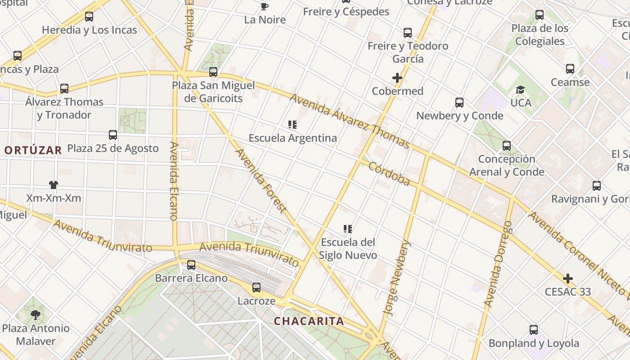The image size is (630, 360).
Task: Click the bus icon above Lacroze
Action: click(256, 287)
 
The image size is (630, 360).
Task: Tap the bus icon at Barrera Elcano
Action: click(191, 265)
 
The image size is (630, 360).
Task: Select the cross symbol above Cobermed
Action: click(397, 78)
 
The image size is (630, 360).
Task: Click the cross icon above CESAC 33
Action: click(568, 279)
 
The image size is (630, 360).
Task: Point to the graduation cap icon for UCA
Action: click(521, 90)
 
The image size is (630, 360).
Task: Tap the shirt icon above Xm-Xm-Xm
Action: click(54, 184)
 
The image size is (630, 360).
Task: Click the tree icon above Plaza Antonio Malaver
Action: click(36, 315)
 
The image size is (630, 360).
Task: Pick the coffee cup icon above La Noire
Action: click(265, 6)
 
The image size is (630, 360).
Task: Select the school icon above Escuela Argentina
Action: click(292, 124)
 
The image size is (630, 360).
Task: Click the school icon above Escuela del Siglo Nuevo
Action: click(347, 229)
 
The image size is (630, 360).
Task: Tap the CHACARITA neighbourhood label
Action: click(309, 321)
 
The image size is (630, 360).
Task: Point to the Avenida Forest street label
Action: click(261, 180)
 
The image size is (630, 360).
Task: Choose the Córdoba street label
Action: click(389, 174)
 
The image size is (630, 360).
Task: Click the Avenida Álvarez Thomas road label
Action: click(349, 121)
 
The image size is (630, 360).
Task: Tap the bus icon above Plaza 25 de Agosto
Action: click(113, 135)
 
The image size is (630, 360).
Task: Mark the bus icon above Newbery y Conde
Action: click(459, 102)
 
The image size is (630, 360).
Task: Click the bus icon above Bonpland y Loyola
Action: click(534, 330)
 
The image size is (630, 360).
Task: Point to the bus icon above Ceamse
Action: click(570, 69)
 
